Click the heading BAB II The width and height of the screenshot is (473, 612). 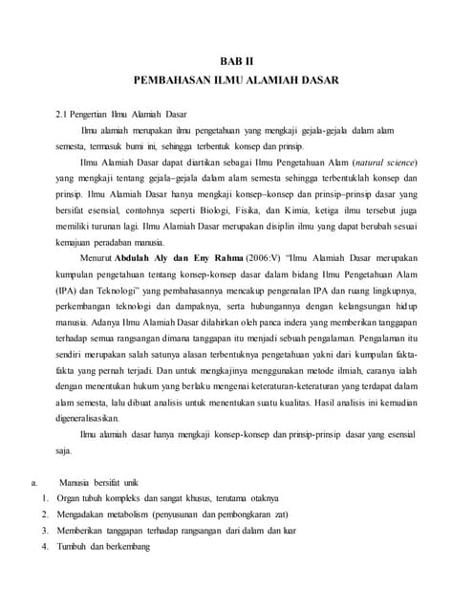tap(236, 61)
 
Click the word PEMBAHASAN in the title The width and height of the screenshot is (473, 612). tap(178, 82)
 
